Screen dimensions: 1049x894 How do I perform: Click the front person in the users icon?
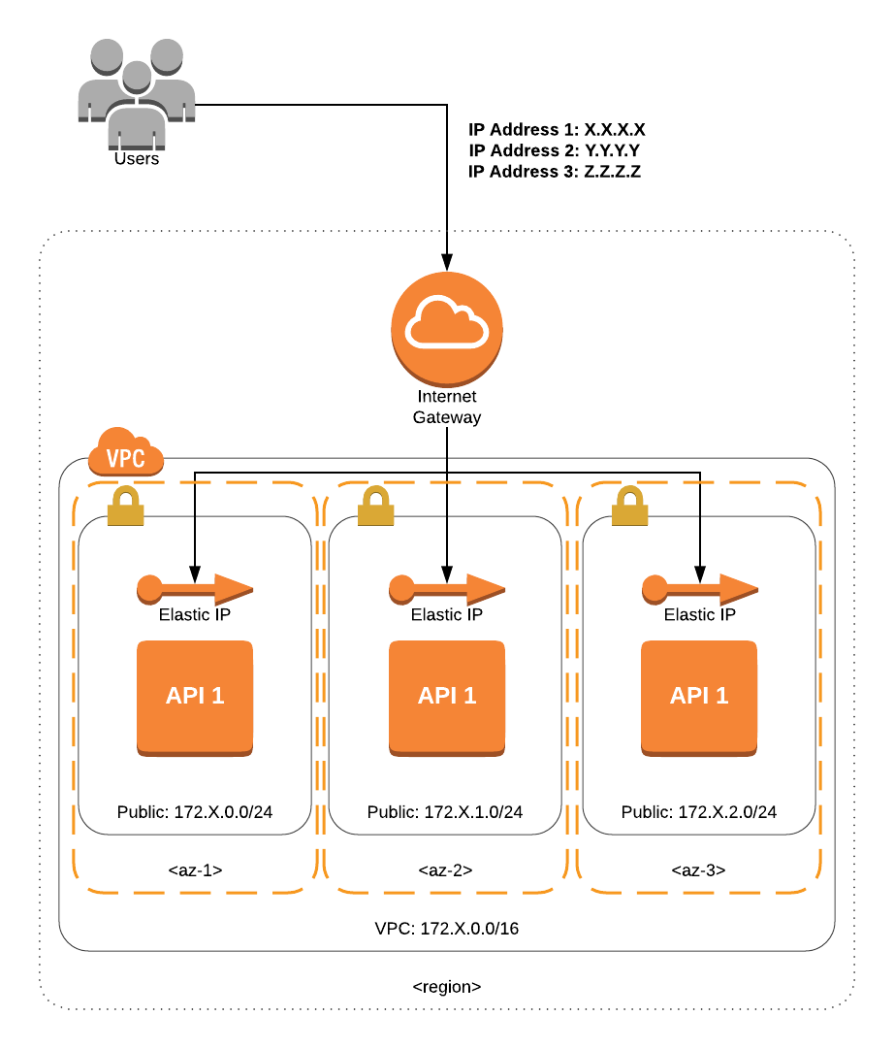pos(137,112)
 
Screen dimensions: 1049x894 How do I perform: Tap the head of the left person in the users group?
pos(107,55)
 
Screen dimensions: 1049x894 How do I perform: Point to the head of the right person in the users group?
pos(167,55)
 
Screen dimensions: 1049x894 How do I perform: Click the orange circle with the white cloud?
pos(447,328)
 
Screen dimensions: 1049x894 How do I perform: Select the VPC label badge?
pos(126,458)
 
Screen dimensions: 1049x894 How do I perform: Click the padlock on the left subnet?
pos(125,507)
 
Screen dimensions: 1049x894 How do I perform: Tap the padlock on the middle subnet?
pos(376,507)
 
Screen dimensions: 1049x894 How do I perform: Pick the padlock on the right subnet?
pos(630,507)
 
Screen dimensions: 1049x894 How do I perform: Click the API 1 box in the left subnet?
pos(195,697)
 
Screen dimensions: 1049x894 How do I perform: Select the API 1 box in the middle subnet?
pos(447,697)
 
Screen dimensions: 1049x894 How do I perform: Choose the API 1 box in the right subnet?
pos(699,697)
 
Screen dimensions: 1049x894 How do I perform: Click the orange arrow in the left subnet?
pos(195,589)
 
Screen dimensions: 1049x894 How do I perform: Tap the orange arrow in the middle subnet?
pos(447,589)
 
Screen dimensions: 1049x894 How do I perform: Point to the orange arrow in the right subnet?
pos(700,589)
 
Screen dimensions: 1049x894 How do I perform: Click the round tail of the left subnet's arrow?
pos(150,588)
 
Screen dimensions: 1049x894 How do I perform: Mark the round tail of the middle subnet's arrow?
pos(402,588)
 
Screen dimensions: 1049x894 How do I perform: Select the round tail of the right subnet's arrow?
pos(655,588)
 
